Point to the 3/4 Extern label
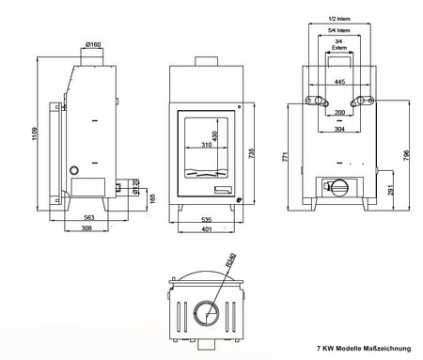338,45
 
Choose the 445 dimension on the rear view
338,83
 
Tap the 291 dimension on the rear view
389,191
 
